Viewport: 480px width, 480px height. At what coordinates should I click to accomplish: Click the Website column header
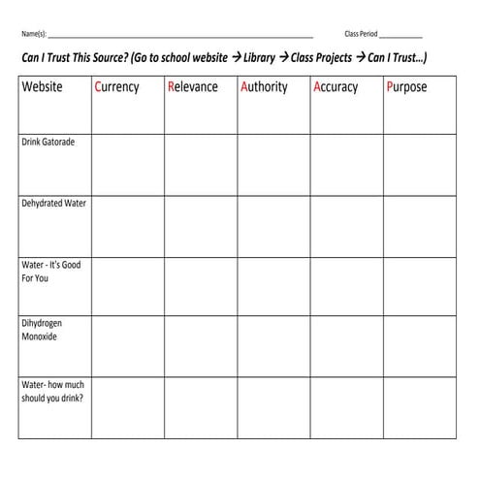42,86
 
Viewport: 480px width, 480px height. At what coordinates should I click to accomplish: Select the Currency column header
116,86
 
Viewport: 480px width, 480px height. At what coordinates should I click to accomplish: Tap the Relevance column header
192,86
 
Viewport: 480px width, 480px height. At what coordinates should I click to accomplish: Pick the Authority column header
264,86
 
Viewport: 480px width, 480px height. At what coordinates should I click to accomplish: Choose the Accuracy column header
336,86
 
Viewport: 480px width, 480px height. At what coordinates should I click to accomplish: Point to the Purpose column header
410,86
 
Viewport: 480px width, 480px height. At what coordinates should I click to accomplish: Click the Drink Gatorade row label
48,142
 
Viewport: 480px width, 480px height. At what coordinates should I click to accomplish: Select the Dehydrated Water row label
54,204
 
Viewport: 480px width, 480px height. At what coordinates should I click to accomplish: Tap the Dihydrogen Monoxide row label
40,331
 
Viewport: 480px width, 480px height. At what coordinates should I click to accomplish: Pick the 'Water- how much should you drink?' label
52,391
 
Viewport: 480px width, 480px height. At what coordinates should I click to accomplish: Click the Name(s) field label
33,33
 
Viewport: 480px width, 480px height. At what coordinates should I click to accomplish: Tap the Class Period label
361,33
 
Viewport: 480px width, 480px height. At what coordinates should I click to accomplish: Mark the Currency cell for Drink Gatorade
127,164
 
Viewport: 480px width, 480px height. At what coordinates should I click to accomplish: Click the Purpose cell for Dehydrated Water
420,226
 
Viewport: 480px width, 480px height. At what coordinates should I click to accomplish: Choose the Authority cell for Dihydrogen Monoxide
273,346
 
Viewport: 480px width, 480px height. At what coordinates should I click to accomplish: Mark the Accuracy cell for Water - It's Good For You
346,286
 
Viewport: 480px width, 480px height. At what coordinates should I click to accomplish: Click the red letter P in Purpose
391,86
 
